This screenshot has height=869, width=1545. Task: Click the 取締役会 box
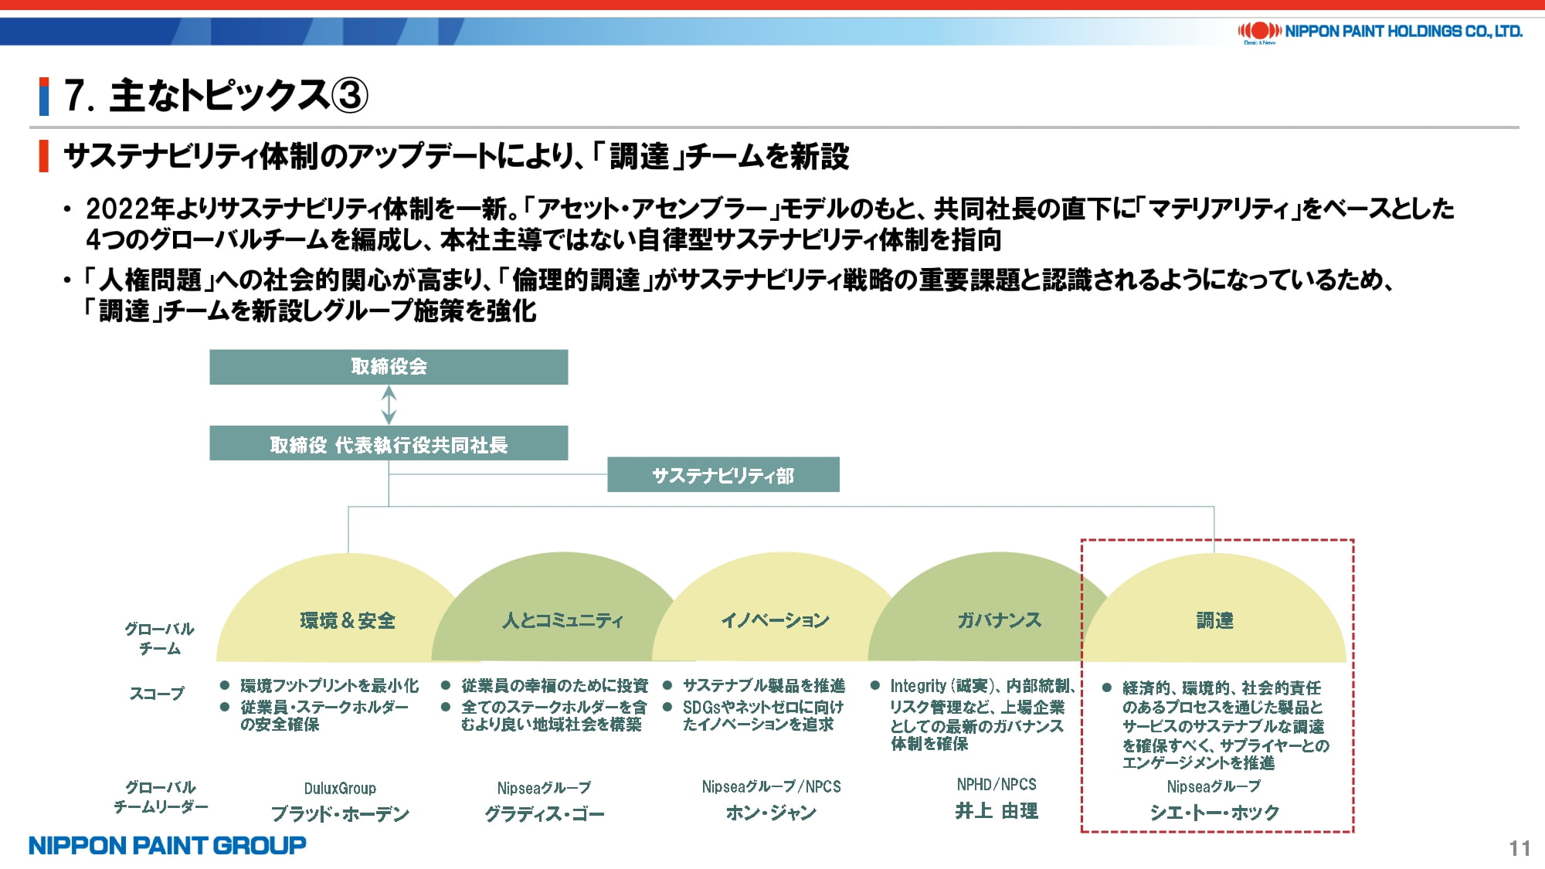coord(389,367)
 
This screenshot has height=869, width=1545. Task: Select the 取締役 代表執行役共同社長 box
coord(389,443)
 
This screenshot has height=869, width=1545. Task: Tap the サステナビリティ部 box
coord(723,474)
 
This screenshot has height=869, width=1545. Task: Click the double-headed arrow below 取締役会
coord(389,405)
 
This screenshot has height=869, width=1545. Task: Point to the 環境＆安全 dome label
coord(348,620)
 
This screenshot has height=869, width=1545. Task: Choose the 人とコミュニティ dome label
coord(562,620)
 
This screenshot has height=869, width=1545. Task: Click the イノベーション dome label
coord(775,620)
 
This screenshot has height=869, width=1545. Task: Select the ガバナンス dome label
coord(999,620)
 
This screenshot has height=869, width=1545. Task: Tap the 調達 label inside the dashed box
coord(1214,620)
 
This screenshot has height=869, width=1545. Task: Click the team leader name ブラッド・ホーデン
coord(340,813)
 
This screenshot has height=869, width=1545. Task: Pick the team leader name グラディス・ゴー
coord(545,813)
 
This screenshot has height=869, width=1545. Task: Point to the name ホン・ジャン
coord(771,813)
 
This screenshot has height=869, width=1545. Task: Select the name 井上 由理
coord(997,811)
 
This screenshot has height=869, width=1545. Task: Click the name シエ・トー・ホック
coord(1214,813)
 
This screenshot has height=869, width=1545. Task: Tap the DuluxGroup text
coord(340,788)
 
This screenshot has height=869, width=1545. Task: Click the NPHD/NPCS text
coord(997,784)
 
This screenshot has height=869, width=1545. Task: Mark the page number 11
coord(1520,848)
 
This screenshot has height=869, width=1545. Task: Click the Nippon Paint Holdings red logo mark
coord(1260,31)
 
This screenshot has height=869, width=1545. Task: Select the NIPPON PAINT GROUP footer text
coord(167,845)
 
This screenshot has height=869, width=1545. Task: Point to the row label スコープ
coord(157,694)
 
